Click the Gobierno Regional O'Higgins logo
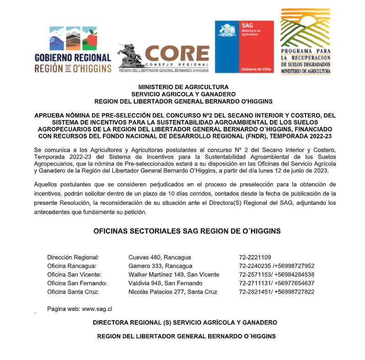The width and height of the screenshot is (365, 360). pos(73,49)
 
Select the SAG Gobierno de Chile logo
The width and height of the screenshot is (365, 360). pos(244,47)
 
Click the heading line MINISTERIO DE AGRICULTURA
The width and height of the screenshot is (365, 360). pos(183,87)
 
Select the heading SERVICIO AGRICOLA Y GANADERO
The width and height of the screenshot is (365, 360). pos(183,94)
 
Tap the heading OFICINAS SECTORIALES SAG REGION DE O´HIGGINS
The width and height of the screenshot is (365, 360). pos(187,231)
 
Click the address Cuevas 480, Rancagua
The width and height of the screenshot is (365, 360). pos(160,257)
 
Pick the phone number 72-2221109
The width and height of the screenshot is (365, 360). pos(255,257)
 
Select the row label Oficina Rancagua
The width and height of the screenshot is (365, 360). pos(71,266)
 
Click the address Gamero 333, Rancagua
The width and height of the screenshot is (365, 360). pos(160,266)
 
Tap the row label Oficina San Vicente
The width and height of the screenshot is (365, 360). pos(75,275)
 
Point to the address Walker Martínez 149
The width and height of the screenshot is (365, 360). pos(174,275)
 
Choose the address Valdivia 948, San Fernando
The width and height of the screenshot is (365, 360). pos(165,284)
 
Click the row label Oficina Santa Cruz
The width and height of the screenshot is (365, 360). pos(73,292)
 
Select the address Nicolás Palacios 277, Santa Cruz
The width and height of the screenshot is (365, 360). pos(173,292)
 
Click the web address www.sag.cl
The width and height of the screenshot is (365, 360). pos(97,309)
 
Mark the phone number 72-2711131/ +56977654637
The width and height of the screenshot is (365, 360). pos(276,284)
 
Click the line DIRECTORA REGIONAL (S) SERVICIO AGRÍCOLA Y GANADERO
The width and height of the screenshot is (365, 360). pos(185,323)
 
